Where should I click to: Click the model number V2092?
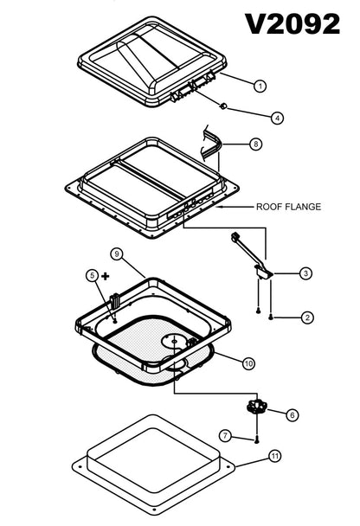pyautogui.click(x=292, y=23)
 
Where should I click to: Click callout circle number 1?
pyautogui.click(x=259, y=85)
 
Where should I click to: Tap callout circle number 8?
pyautogui.click(x=255, y=144)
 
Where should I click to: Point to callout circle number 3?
pyautogui.click(x=305, y=273)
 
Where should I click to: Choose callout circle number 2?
pyautogui.click(x=307, y=318)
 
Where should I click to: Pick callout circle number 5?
pyautogui.click(x=93, y=276)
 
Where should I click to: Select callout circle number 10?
pyautogui.click(x=248, y=363)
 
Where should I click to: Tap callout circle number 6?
pyautogui.click(x=292, y=415)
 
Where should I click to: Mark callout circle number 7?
pyautogui.click(x=224, y=435)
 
